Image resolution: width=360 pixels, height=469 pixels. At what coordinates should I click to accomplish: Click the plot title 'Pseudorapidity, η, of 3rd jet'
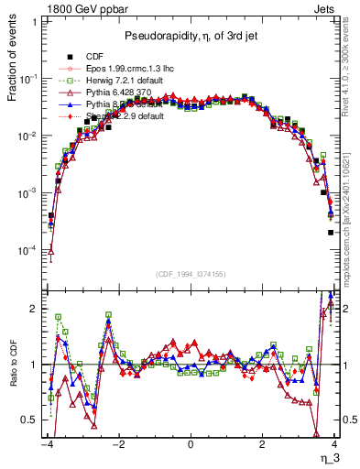pyautogui.click(x=191, y=36)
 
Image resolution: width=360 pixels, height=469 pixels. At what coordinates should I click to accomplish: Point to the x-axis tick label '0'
pyautogui.click(x=190, y=444)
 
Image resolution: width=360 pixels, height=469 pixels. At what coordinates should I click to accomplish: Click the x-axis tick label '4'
pyautogui.click(x=334, y=444)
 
